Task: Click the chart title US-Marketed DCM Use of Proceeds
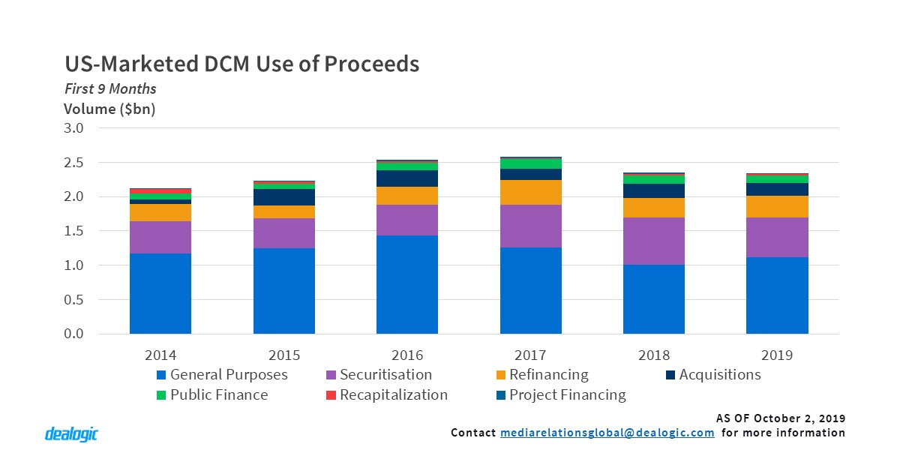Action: click(241, 64)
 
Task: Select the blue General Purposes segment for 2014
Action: click(160, 293)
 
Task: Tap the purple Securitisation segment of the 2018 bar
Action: click(654, 241)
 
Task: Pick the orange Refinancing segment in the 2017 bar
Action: click(531, 192)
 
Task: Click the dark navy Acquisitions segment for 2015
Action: click(284, 197)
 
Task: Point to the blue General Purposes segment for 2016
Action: click(407, 284)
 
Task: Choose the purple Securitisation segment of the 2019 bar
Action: click(777, 237)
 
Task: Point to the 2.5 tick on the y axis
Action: click(73, 163)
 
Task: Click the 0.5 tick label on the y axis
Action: click(73, 300)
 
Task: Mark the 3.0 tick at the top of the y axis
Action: click(73, 128)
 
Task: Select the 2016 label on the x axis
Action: click(407, 354)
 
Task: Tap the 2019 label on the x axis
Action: click(777, 354)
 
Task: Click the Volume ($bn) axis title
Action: click(109, 109)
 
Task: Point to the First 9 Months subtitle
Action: click(109, 88)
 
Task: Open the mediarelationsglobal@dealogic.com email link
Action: click(607, 433)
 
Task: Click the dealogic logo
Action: click(71, 434)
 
